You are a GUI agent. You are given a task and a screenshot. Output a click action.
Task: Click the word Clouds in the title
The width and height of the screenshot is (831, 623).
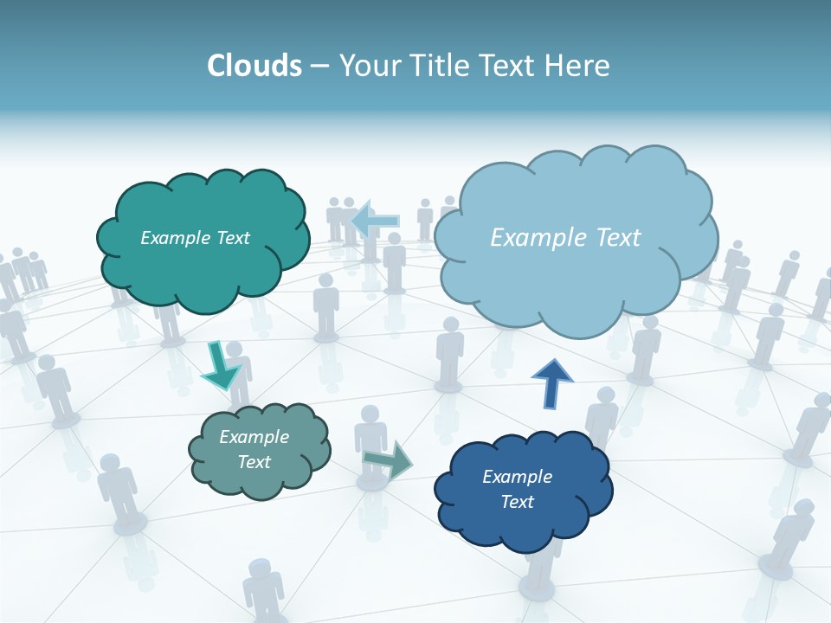pyautogui.click(x=254, y=66)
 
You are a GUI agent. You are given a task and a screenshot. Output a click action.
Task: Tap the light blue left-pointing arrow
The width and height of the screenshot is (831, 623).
pyautogui.click(x=375, y=222)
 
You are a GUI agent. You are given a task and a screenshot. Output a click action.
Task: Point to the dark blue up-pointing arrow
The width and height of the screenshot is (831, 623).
pyautogui.click(x=552, y=384)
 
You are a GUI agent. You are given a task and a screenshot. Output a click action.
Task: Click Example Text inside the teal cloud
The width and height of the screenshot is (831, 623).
pyautogui.click(x=195, y=238)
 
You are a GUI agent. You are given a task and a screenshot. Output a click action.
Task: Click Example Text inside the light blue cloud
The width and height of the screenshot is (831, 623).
pyautogui.click(x=565, y=238)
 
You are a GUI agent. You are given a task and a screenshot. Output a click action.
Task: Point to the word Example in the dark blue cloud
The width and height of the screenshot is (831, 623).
pyautogui.click(x=517, y=477)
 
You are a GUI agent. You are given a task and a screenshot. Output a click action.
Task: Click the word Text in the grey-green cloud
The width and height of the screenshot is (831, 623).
pyautogui.click(x=254, y=462)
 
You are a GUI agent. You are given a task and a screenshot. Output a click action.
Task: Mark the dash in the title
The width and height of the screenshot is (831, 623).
pyautogui.click(x=319, y=66)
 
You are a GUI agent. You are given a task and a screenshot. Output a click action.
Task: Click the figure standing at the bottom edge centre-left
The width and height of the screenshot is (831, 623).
pyautogui.click(x=262, y=593)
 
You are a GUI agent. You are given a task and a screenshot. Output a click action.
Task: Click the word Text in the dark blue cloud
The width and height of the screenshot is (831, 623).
pyautogui.click(x=517, y=502)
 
